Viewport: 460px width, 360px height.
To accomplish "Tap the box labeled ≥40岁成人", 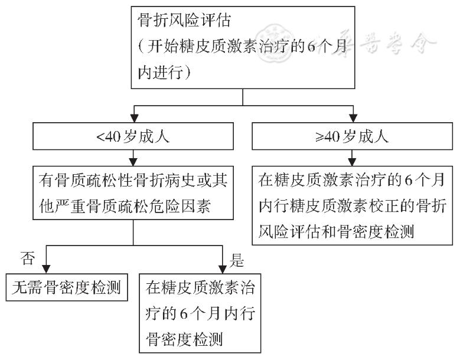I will point(353,138).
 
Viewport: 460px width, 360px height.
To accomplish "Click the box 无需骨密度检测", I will point(67,287).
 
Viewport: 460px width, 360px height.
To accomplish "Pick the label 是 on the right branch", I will point(238,259).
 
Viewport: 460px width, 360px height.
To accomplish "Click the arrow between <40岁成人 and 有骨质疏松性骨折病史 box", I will point(135,157).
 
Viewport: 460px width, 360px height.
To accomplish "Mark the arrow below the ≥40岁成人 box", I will point(353,157).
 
